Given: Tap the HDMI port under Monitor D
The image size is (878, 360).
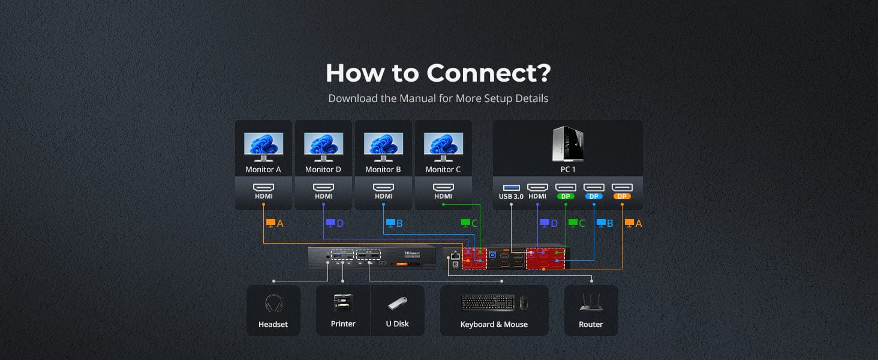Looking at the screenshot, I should (x=323, y=187).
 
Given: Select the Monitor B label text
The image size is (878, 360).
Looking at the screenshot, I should (x=383, y=170).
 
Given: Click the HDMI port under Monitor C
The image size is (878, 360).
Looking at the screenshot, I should (x=443, y=187).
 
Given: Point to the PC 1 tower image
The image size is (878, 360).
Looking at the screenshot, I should (x=567, y=145).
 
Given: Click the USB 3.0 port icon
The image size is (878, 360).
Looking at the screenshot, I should (x=511, y=187).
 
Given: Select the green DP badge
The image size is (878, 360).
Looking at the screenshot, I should (x=566, y=196).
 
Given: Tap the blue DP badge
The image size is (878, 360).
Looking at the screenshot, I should (x=594, y=196).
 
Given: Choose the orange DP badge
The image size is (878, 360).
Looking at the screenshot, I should (x=622, y=196).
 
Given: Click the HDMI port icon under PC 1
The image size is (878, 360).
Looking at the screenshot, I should (x=537, y=187).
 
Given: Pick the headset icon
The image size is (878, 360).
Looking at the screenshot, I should (x=273, y=303).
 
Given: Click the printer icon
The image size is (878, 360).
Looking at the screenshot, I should (x=343, y=303).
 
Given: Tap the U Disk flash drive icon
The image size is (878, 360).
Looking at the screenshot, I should (x=397, y=304).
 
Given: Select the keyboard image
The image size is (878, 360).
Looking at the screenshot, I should (x=488, y=303).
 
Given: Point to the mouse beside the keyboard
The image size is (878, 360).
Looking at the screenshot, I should (x=524, y=304).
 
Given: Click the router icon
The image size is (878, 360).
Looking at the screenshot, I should (x=591, y=303).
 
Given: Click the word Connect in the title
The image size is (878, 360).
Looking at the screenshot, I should (x=488, y=73).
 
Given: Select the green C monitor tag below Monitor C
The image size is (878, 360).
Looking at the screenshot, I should (x=470, y=223).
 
